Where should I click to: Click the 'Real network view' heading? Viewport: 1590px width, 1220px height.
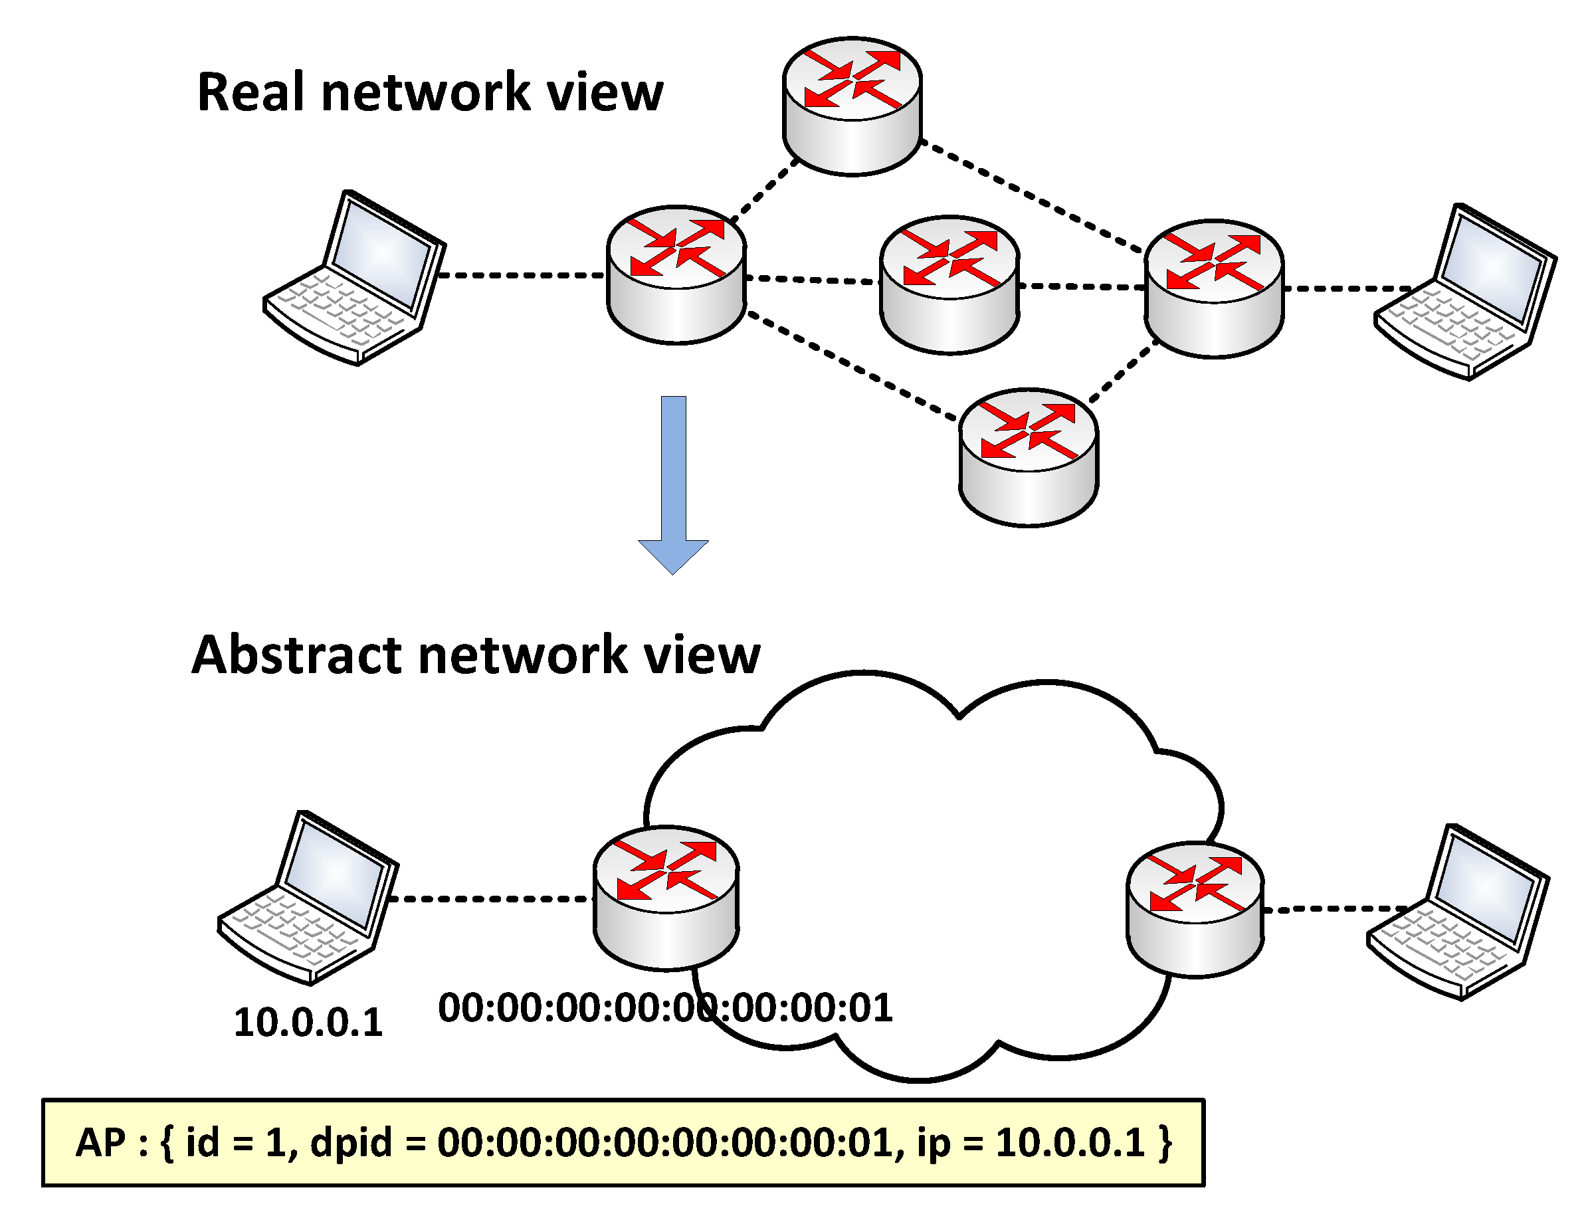(x=430, y=92)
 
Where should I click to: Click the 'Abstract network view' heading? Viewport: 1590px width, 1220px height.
(x=476, y=655)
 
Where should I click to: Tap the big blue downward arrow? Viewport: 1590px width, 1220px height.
(x=673, y=485)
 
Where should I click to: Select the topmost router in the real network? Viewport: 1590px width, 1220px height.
(x=852, y=106)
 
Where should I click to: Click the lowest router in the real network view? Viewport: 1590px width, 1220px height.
(x=1029, y=457)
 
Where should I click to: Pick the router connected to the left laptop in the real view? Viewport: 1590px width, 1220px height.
(x=676, y=274)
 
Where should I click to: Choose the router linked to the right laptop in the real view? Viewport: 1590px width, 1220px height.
(x=1214, y=288)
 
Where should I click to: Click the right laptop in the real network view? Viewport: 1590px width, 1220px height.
(x=1465, y=291)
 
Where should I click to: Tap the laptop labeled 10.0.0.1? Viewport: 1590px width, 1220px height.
(x=308, y=898)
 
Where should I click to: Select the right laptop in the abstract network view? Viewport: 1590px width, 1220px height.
(x=1458, y=912)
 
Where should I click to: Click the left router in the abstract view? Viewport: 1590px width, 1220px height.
(x=666, y=898)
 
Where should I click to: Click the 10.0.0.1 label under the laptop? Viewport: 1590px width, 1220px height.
(x=308, y=1023)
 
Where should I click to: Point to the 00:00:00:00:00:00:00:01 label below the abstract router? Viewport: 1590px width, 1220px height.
(x=665, y=1008)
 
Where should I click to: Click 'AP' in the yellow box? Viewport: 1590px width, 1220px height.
(x=100, y=1142)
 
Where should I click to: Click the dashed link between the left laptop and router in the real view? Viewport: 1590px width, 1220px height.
(x=522, y=275)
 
